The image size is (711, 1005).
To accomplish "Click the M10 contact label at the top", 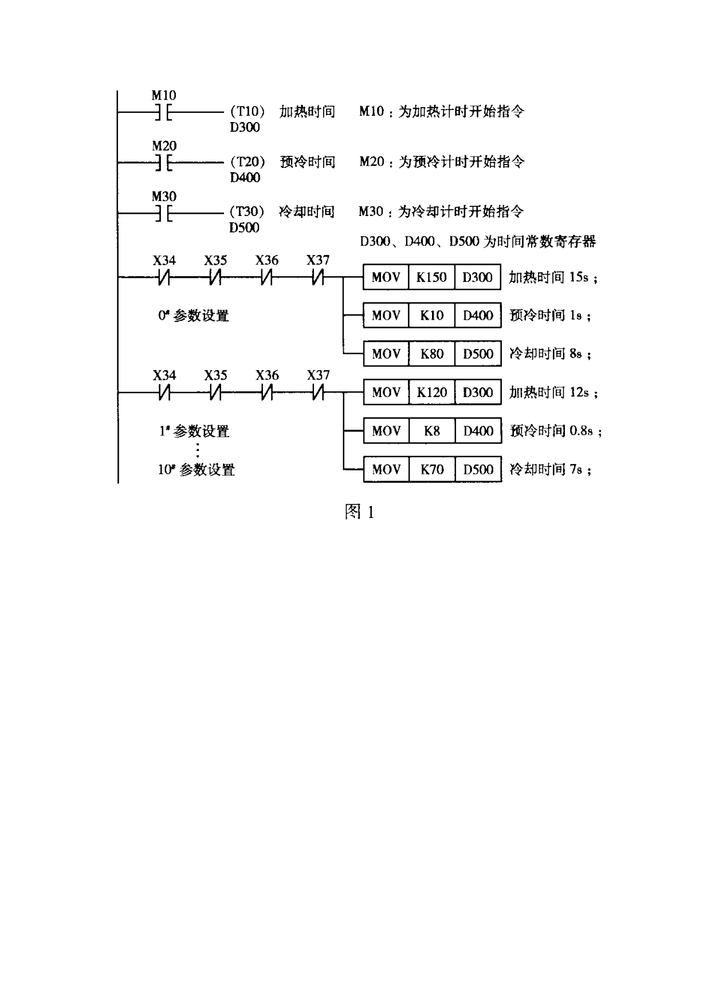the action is tap(164, 95).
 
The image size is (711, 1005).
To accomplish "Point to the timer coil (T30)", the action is tap(247, 211).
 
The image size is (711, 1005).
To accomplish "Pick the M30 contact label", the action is tap(164, 197).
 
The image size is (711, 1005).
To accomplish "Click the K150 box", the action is tap(431, 277).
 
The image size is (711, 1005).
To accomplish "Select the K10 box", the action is tap(431, 315).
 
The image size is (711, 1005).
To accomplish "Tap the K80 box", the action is tap(431, 354).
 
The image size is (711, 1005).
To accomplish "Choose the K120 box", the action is tap(431, 392).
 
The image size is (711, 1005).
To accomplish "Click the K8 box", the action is tap(431, 431).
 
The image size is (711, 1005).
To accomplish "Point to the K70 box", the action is tap(431, 470).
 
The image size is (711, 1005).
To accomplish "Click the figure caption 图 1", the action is tap(359, 512).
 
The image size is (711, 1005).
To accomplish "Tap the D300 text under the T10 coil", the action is tap(245, 127).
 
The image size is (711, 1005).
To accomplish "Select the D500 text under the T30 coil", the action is tap(245, 228).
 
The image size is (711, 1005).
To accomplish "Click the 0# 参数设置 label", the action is tap(194, 315).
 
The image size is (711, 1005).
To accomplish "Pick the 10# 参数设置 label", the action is tap(197, 470).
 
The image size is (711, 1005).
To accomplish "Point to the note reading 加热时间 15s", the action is tap(553, 277).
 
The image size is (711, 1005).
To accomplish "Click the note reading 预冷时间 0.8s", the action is tap(556, 431).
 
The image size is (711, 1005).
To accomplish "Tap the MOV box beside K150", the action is tap(386, 277).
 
